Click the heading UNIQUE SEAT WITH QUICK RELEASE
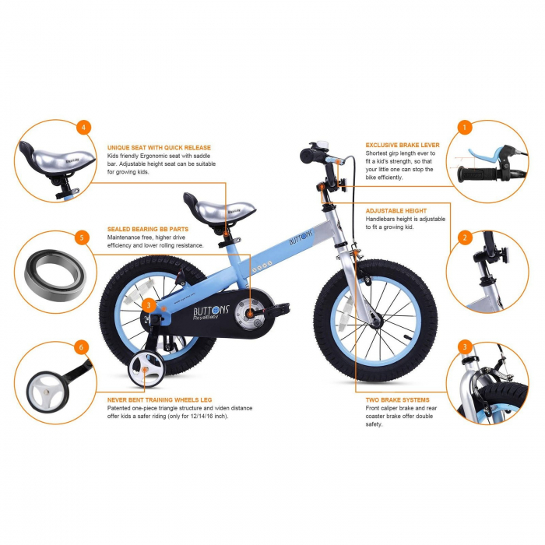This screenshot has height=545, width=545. (x=159, y=146)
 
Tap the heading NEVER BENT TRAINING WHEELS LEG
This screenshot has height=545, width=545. (x=160, y=399)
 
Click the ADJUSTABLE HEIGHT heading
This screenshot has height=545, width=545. (x=396, y=211)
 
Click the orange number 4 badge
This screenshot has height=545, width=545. (x=84, y=127)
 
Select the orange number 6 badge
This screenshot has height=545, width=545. (x=82, y=347)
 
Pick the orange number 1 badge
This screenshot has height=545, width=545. (x=465, y=127)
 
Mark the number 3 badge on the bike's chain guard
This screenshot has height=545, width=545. (x=149, y=306)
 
